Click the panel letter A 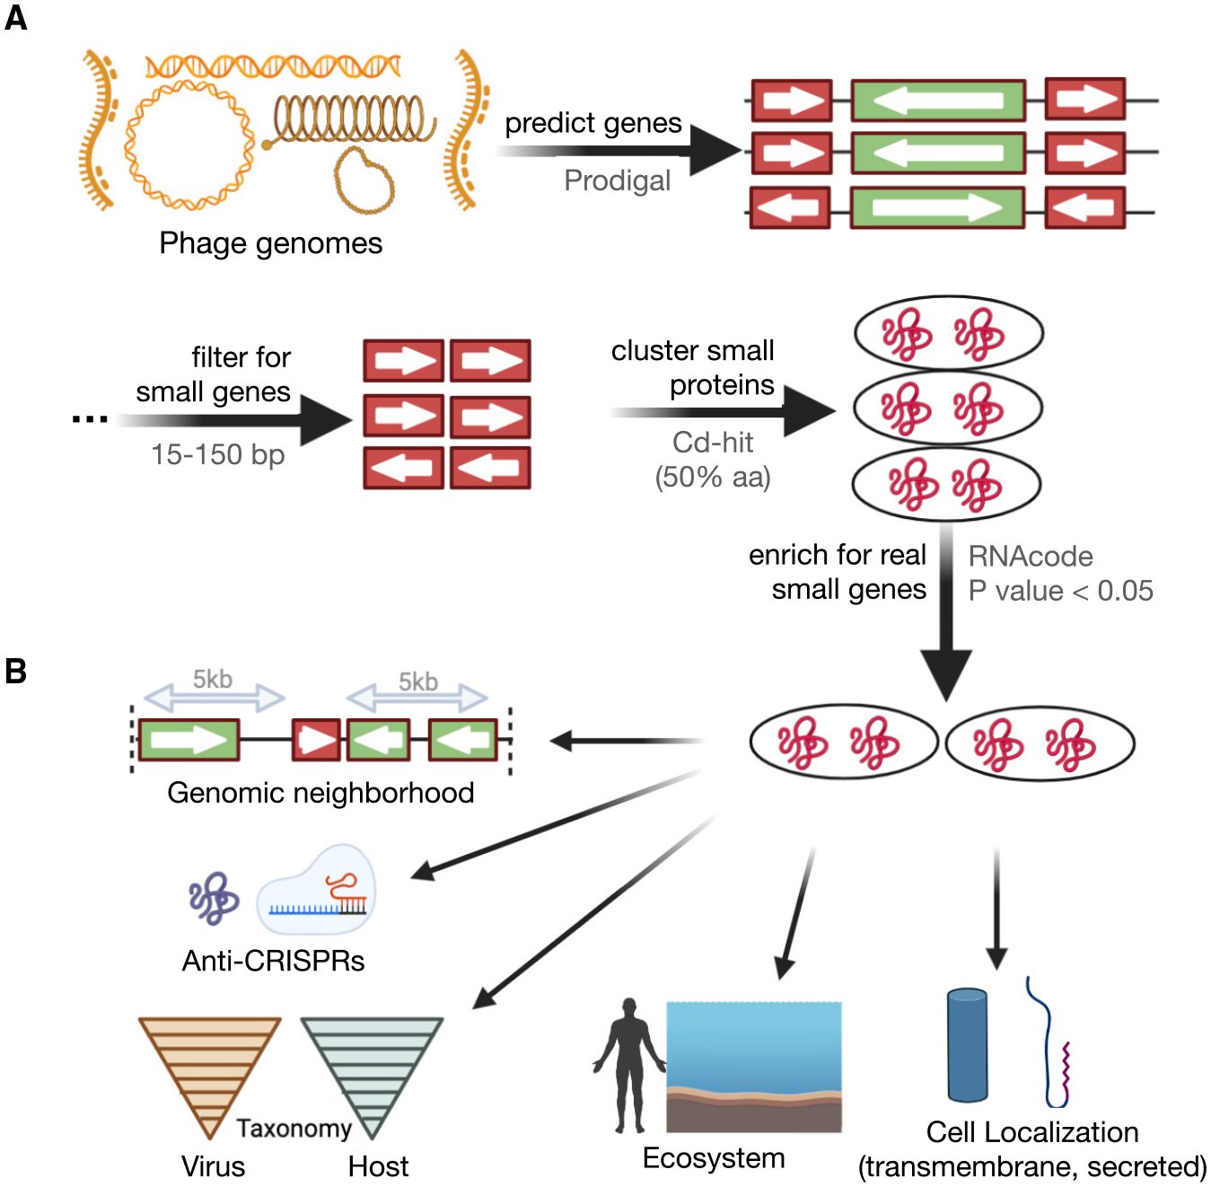point(15,18)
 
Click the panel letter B point(15,672)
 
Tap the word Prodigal point(617,180)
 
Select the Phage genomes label point(270,243)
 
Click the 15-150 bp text point(217,454)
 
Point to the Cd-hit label point(713,442)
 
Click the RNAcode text point(1030,557)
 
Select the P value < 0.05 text point(1060,591)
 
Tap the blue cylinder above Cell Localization point(967,1045)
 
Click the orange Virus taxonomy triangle point(208,1068)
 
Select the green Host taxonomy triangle point(372,1068)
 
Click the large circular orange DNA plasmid point(189,144)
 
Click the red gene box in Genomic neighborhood point(316,741)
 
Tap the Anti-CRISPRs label point(273,962)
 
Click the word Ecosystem point(713,1158)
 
